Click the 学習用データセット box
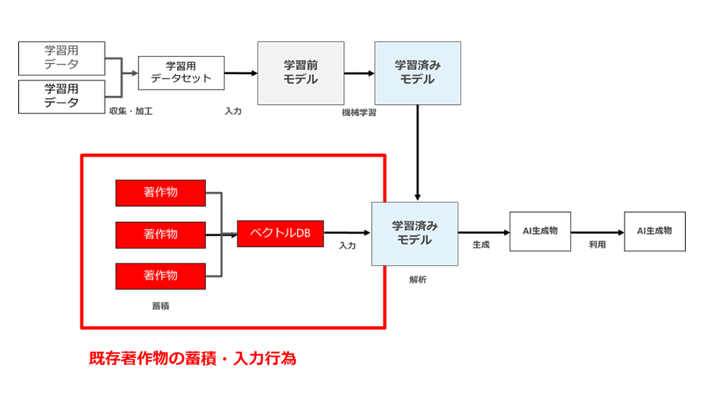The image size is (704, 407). [181, 73]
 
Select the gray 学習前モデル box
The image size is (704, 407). [301, 73]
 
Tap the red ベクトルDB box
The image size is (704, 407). [280, 233]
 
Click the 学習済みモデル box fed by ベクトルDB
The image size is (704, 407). [415, 234]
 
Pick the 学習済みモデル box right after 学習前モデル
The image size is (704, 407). [417, 73]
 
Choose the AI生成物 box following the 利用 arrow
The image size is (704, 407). [655, 231]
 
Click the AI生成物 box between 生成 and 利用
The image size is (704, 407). [540, 231]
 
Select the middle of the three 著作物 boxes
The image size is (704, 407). [161, 235]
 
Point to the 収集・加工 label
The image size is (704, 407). [131, 111]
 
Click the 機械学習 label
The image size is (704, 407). [359, 113]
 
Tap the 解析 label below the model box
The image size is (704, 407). [417, 280]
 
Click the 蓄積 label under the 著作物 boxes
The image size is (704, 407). [161, 307]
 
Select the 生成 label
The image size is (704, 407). [481, 245]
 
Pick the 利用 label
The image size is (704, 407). [597, 244]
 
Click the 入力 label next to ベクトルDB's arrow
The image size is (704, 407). [347, 246]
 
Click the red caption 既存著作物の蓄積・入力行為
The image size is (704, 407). [193, 359]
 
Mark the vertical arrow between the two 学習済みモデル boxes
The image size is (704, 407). [417, 153]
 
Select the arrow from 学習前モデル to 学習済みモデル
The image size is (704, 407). [359, 73]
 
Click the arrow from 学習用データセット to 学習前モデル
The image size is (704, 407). [241, 73]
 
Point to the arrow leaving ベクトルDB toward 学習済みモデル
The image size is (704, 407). [347, 232]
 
